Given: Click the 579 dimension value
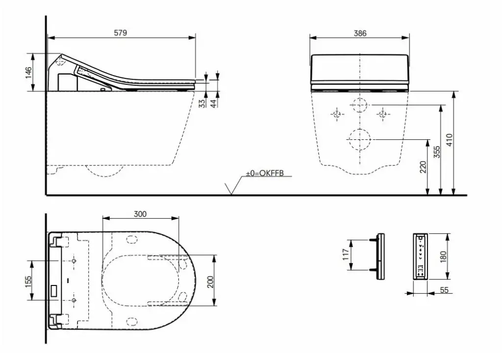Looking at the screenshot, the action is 121,33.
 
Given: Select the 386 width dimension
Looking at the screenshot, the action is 360,33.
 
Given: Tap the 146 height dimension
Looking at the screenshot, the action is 29,73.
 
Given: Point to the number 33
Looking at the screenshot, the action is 201,103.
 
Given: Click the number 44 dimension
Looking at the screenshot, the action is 214,103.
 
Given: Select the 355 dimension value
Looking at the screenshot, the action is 437,152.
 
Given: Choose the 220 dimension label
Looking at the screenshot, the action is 423,167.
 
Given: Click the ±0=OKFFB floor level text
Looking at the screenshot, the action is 265,173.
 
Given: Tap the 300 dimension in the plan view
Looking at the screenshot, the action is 140,214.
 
